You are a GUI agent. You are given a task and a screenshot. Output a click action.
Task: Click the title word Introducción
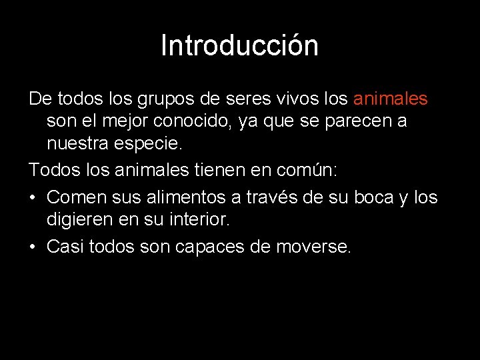click(239, 46)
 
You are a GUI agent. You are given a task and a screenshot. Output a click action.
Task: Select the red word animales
click(390, 99)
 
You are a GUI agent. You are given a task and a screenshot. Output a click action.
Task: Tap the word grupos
click(163, 99)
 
